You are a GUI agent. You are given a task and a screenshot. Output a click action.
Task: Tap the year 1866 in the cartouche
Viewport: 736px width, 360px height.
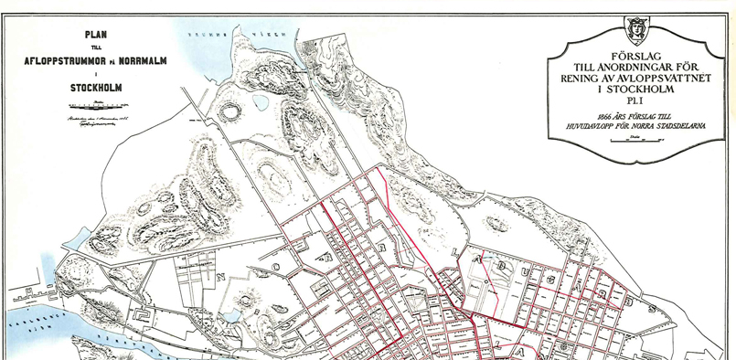click(603, 118)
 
